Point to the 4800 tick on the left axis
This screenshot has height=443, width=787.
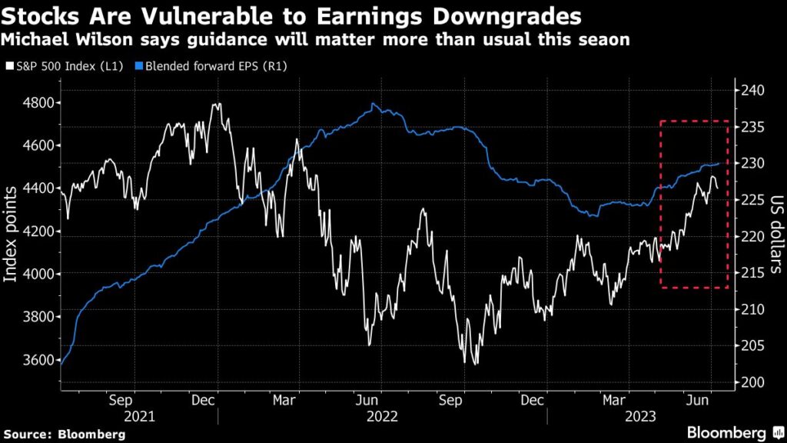34,102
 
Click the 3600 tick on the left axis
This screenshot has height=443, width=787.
34,360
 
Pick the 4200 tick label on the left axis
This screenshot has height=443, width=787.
34,231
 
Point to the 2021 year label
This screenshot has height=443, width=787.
139,416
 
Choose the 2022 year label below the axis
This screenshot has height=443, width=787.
382,416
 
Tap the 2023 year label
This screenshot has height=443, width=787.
639,416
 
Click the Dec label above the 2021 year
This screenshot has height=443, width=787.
204,400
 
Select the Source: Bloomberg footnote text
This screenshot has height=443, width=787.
64,435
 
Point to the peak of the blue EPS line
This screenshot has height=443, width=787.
374,104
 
